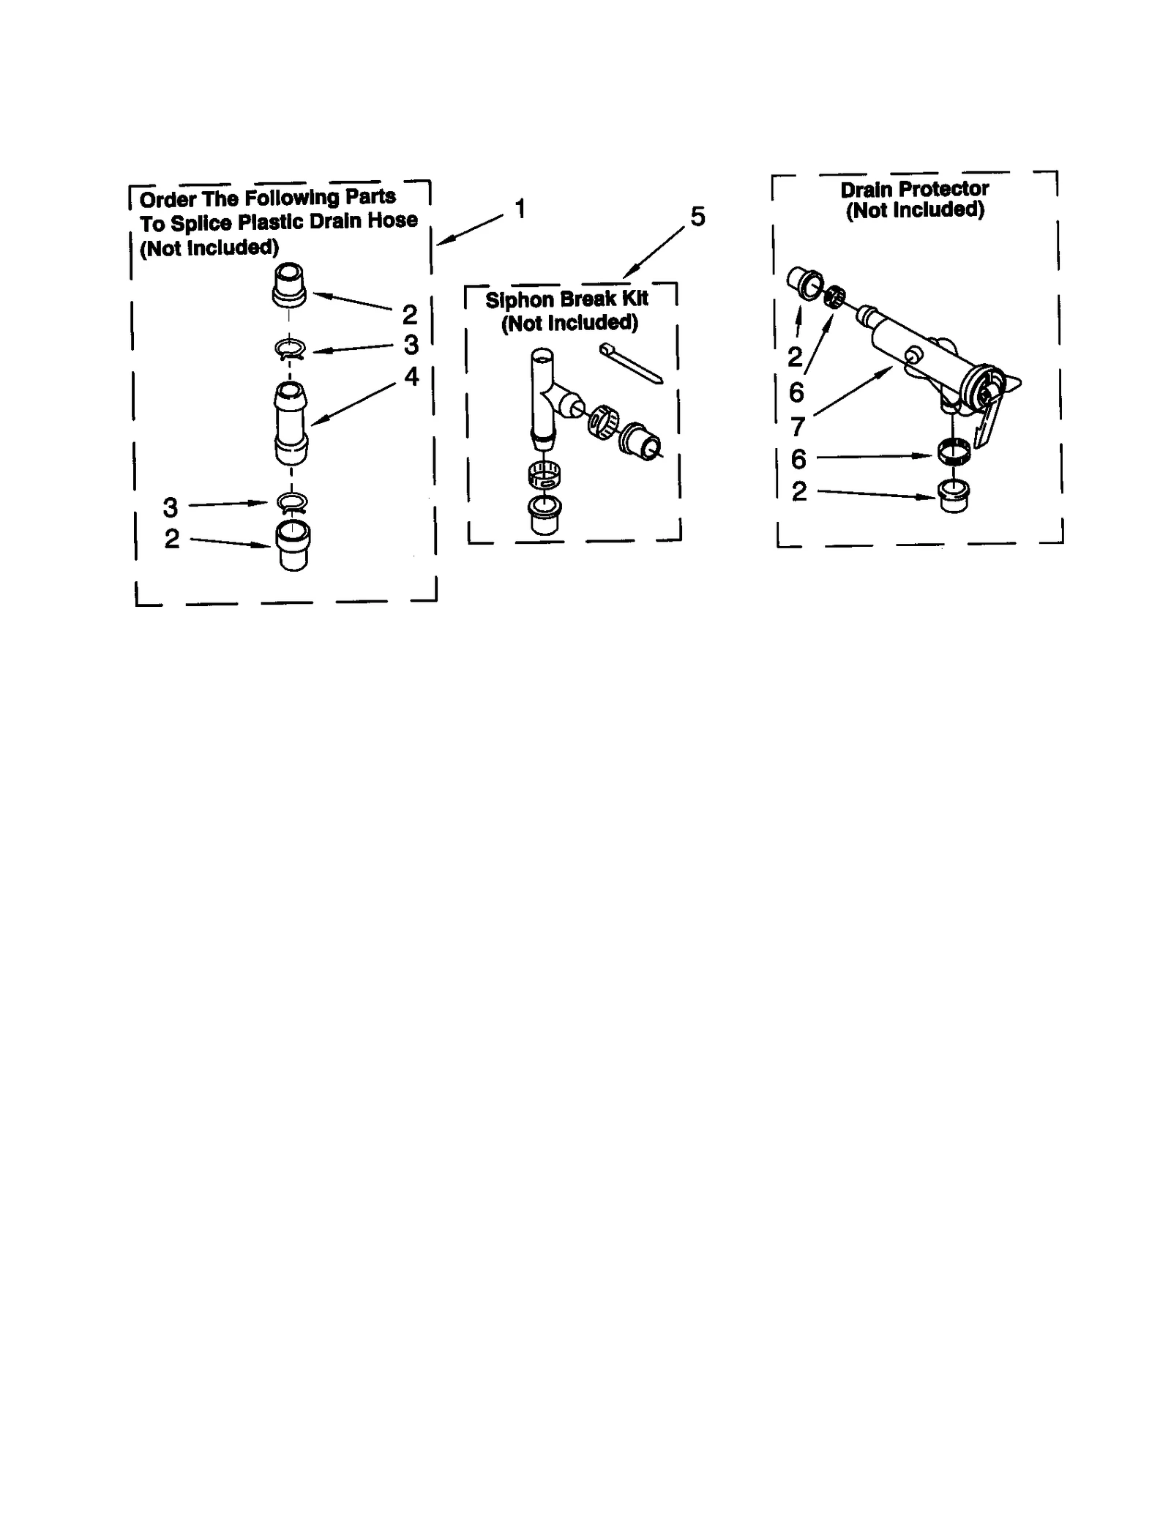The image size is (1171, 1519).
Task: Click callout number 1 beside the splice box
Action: [520, 209]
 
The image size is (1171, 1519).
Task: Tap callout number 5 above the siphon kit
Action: [697, 217]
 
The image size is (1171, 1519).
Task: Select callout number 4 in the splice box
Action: [411, 376]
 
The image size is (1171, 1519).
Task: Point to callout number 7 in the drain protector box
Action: [798, 425]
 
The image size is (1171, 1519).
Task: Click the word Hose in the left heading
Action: [392, 220]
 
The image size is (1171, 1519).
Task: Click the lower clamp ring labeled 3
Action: [291, 503]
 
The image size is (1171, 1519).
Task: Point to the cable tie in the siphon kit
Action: [630, 363]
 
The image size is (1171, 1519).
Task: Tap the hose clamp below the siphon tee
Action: [544, 477]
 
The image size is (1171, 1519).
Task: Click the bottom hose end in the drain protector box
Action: [953, 495]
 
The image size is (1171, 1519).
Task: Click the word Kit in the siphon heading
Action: [634, 299]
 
